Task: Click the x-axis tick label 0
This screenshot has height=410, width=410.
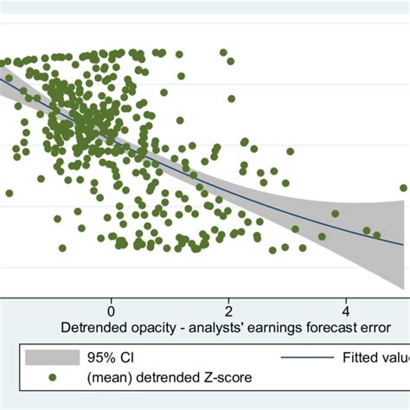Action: tap(111, 311)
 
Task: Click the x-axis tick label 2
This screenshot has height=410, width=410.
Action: tap(228, 311)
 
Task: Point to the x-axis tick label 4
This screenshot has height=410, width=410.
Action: tap(346, 311)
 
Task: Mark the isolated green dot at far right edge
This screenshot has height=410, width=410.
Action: tap(403, 188)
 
